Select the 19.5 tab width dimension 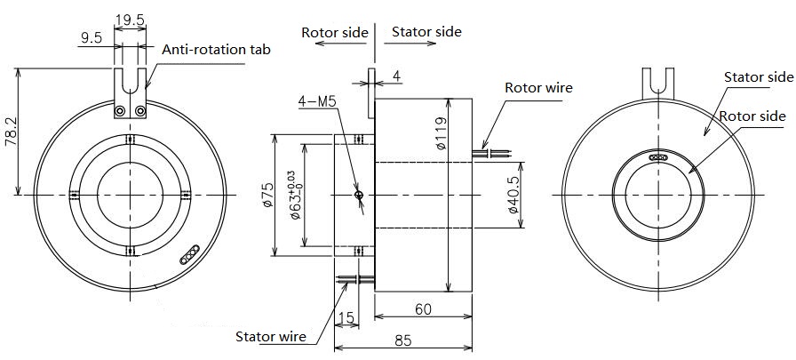click(131, 20)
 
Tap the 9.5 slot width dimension click(92, 38)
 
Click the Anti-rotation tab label click(216, 50)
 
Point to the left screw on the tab click(120, 111)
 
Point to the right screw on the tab click(140, 111)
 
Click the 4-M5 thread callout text click(317, 102)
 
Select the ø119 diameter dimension click(441, 133)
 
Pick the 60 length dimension click(423, 308)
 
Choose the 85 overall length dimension click(403, 340)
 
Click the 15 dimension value click(346, 318)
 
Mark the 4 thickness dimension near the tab click(397, 76)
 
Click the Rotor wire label click(538, 88)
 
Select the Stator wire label click(271, 337)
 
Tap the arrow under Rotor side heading click(341, 44)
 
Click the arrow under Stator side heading click(410, 44)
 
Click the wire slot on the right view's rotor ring click(658, 158)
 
